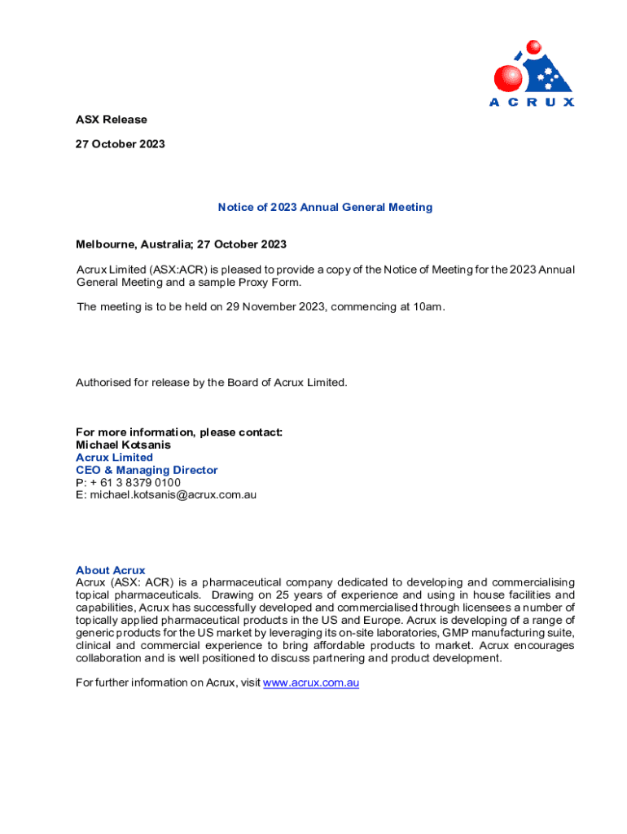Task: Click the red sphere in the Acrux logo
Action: pos(508,78)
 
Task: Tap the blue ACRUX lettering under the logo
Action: pos(531,102)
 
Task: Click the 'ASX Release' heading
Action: pos(112,120)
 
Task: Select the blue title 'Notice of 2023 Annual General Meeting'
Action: pos(325,207)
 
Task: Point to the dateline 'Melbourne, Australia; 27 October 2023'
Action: pos(181,244)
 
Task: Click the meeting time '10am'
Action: pos(429,307)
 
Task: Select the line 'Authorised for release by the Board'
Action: pos(211,382)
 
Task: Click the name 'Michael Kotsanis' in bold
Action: pos(123,446)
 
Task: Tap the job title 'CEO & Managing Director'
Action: pos(147,470)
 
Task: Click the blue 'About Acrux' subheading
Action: pos(110,570)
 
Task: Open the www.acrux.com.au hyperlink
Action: pos(310,683)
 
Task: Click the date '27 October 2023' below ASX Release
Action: pos(121,144)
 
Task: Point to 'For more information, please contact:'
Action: pos(179,432)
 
